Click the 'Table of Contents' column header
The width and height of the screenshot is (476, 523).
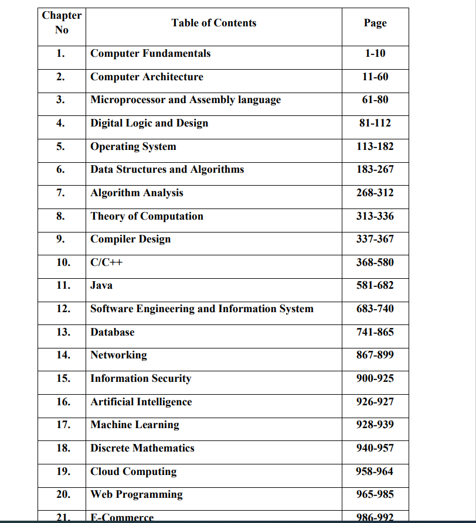point(213,23)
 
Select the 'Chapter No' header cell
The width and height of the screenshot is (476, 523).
point(62,23)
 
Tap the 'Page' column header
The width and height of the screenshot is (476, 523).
point(375,23)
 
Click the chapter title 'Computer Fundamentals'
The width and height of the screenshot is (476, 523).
point(150,53)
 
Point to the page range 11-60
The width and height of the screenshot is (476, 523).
point(375,77)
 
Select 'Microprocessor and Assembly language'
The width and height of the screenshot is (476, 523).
point(185,100)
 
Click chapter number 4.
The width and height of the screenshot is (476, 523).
point(60,123)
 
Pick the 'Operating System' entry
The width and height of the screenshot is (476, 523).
point(133,146)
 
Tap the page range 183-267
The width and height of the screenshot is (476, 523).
point(375,169)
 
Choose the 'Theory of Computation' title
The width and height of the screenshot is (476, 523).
point(147,216)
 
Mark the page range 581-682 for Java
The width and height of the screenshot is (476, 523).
point(375,285)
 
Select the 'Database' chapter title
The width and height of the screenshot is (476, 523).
point(112,332)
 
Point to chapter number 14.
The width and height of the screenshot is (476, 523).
point(63,355)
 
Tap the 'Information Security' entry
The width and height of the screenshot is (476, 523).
point(141,378)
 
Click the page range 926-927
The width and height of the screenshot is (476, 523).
point(375,402)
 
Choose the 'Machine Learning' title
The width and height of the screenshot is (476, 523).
point(135,425)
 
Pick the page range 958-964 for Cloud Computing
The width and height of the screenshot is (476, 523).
point(375,471)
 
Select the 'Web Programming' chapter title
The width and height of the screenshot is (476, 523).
point(136,494)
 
